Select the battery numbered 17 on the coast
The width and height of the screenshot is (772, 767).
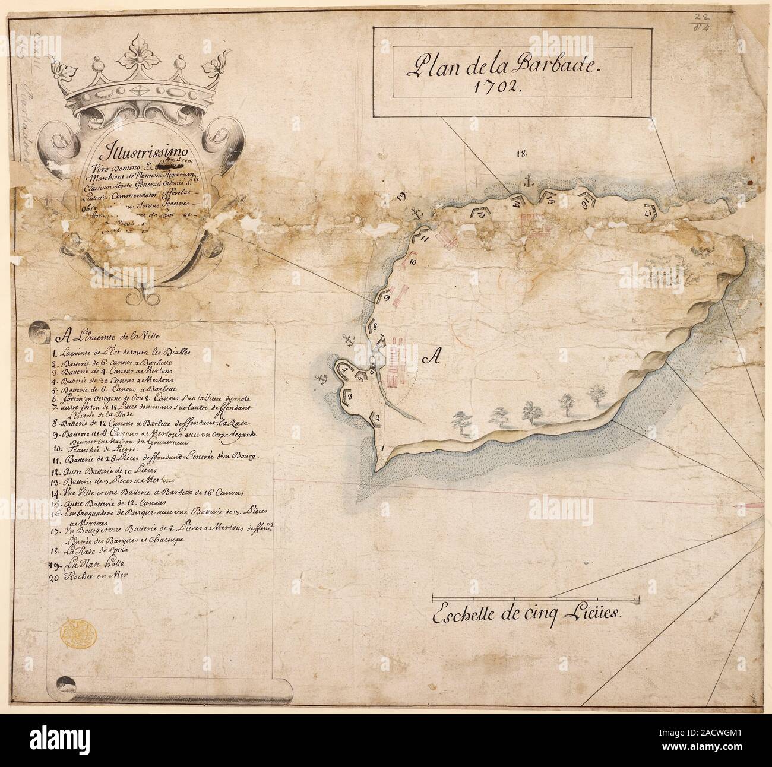[649, 209]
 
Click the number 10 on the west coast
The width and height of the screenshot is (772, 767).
[413, 261]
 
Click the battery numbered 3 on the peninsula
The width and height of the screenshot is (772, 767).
[350, 396]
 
